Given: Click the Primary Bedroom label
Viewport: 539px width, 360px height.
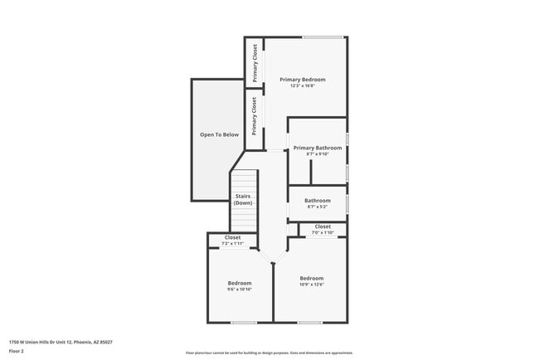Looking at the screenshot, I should click(x=303, y=80).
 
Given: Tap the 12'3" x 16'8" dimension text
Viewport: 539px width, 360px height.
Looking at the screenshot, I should click(x=303, y=86).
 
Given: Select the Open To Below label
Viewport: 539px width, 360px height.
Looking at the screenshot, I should click(x=219, y=134).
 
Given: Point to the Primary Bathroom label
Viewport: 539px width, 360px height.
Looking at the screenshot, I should click(x=318, y=148).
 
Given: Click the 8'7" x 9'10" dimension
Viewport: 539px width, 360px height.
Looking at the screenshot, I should click(x=318, y=154).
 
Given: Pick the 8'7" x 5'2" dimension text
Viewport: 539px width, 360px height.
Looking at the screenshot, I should click(x=318, y=207).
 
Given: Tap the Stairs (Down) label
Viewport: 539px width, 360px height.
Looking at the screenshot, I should click(x=243, y=199).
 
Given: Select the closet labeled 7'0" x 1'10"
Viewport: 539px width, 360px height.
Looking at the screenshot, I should click(x=323, y=230).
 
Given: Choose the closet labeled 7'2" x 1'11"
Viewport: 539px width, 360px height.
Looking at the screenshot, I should click(x=233, y=241).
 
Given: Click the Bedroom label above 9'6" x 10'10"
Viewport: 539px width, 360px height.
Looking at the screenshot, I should click(x=240, y=283).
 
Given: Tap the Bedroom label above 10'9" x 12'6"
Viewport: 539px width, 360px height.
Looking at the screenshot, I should click(x=312, y=278).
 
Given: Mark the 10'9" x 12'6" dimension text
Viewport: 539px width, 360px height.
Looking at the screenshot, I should click(x=312, y=285).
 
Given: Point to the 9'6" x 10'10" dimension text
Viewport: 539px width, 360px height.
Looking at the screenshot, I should click(x=240, y=289).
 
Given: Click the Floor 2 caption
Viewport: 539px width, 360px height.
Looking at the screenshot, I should click(x=17, y=351).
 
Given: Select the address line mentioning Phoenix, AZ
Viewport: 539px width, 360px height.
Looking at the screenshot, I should click(x=61, y=342).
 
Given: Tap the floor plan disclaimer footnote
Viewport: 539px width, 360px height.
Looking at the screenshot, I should click(x=269, y=353).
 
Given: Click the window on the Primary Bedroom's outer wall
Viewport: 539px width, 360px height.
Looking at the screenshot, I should click(x=323, y=36).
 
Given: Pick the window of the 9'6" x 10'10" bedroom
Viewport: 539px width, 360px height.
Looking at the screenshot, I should click(x=244, y=323).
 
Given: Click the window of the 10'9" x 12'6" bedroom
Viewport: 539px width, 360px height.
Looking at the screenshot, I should click(x=310, y=323).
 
